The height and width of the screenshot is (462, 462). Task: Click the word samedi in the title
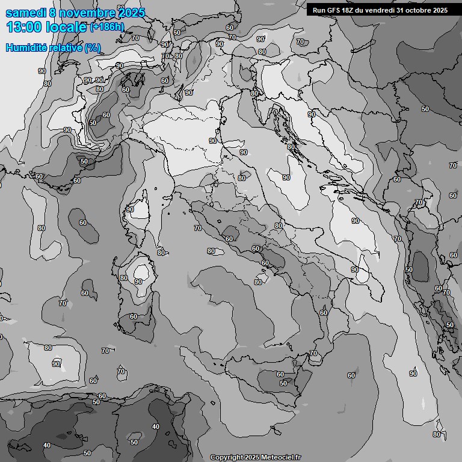click(x=23, y=13)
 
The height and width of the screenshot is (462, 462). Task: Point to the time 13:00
click(x=23, y=27)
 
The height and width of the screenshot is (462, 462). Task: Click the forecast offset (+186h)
click(x=108, y=27)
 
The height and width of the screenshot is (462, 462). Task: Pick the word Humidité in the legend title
click(x=25, y=48)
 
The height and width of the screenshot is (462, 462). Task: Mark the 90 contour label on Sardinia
click(x=138, y=282)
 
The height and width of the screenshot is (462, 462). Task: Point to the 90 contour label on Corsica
click(x=130, y=209)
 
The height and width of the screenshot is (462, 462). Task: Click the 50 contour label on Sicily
click(x=283, y=383)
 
